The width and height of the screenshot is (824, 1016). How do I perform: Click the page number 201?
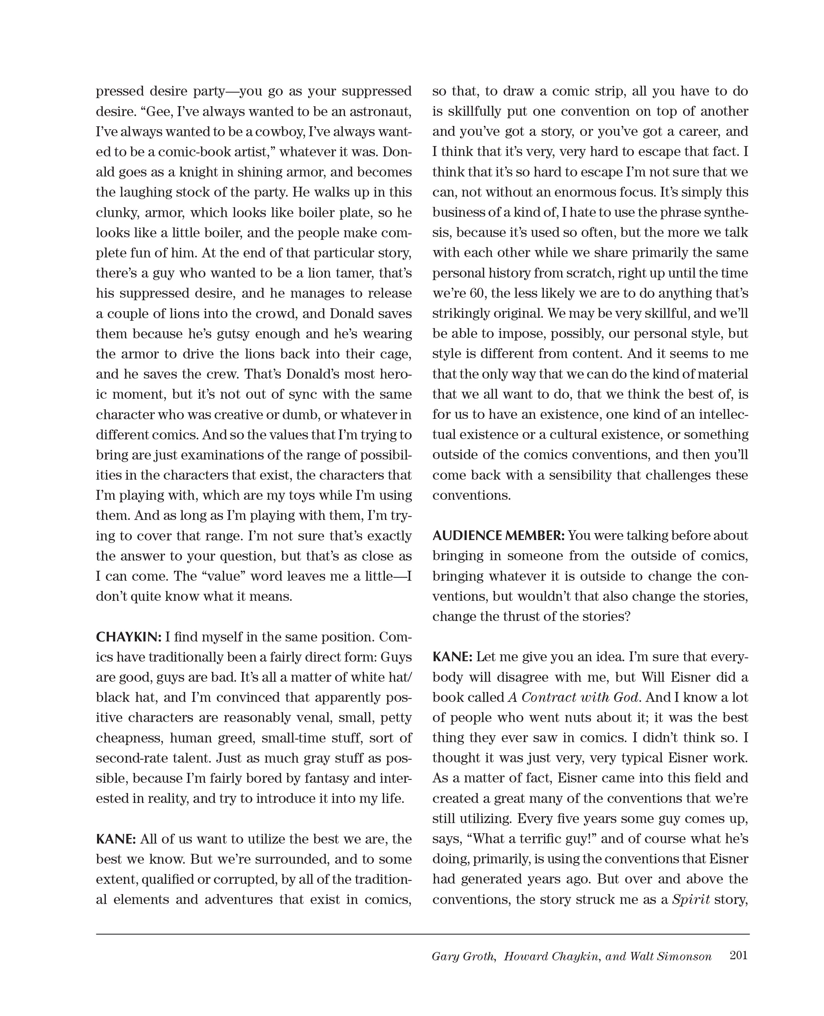(739, 955)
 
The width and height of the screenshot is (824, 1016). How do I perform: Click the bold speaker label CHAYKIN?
(129, 637)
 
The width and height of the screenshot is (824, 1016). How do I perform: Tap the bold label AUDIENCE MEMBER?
(498, 536)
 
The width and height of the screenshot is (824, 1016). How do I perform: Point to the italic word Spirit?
(691, 900)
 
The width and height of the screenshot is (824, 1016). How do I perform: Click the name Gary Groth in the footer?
(463, 956)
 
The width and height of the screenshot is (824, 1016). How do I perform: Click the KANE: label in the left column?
(116, 839)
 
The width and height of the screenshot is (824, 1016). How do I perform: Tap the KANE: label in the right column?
(452, 657)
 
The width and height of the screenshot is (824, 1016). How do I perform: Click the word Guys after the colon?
(396, 657)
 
